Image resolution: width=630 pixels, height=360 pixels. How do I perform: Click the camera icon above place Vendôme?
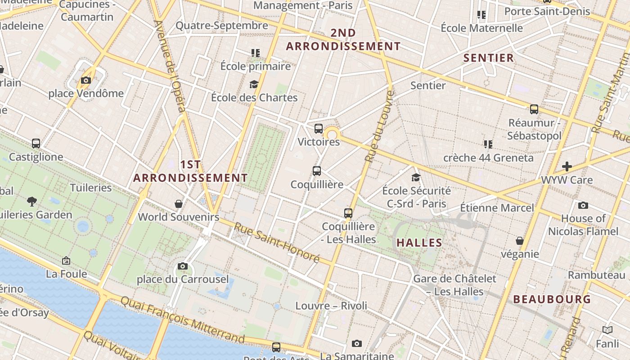pos(85,81)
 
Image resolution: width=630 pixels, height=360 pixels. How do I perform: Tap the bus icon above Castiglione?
pos(36,144)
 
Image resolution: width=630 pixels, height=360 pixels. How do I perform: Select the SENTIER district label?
pos(488,58)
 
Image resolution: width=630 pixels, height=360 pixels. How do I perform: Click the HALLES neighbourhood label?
pos(419,243)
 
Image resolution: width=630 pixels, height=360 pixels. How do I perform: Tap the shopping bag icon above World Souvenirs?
pos(179,204)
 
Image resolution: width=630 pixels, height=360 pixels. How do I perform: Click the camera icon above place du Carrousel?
pos(182,266)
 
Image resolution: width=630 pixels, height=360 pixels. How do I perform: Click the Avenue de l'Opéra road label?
pos(170,66)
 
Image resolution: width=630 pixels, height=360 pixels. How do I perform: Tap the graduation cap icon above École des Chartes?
pos(254,84)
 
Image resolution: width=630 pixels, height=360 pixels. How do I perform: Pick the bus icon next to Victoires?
pos(319,129)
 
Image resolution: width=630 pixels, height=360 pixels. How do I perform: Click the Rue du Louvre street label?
pos(379,126)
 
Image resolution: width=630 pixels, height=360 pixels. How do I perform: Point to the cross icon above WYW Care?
pos(567,166)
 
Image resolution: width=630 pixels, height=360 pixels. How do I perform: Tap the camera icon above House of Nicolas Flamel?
pos(583,206)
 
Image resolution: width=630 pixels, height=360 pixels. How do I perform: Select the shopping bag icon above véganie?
pos(520,241)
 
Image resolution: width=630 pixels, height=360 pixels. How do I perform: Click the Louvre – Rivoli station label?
pos(331,306)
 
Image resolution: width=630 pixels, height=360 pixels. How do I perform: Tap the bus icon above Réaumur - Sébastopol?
pos(534,109)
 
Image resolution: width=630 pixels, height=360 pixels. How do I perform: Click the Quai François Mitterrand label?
pos(183,319)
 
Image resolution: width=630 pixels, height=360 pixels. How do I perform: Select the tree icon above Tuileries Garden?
pos(31,201)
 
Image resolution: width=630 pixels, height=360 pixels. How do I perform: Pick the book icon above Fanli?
pos(607,330)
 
